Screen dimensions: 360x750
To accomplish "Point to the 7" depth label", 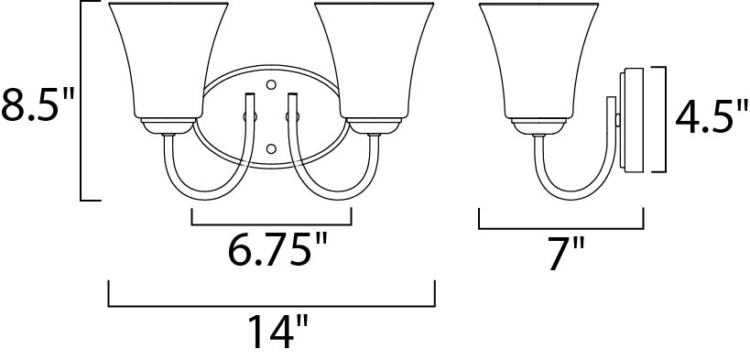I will pos(565,254).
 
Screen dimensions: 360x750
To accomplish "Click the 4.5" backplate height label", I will pos(705,117).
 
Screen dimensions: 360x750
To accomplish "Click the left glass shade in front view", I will pos(167,60).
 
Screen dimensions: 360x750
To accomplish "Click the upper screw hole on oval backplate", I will pos(271,85).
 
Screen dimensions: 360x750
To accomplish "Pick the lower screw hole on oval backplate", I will pos(271,147).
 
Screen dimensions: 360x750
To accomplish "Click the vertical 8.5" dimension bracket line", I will pos(82,101).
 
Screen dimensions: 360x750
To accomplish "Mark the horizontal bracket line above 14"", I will pos(272,305).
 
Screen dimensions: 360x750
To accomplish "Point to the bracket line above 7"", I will pos(560,228).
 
